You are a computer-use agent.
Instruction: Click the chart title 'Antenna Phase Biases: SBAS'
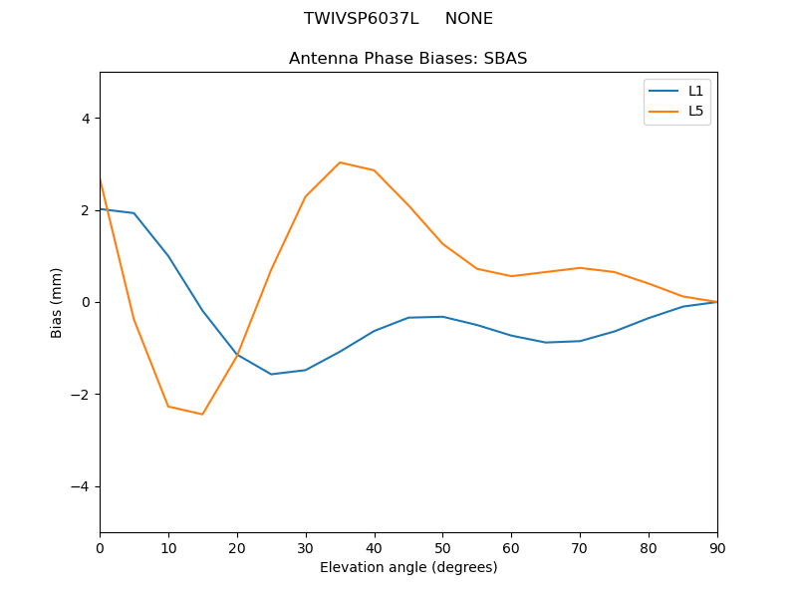407,59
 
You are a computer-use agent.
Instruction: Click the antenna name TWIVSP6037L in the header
361,19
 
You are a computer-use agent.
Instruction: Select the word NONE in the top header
468,19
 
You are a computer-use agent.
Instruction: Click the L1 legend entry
695,91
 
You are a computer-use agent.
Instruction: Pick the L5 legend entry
695,111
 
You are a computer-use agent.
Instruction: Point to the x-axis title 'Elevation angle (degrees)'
408,568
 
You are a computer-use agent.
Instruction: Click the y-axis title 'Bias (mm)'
58,302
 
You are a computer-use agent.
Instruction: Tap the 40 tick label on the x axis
375,547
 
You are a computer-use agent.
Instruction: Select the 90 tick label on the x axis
717,547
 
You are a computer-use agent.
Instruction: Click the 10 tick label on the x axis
168,547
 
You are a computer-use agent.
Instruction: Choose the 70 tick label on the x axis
580,547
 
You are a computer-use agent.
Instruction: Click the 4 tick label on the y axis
85,118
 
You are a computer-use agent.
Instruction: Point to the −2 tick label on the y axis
81,395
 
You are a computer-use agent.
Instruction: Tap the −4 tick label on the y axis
81,486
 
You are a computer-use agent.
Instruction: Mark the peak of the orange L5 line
340,162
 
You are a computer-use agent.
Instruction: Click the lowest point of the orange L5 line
202,414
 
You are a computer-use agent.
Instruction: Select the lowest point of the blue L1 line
271,374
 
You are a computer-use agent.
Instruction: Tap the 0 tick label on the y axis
85,302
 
